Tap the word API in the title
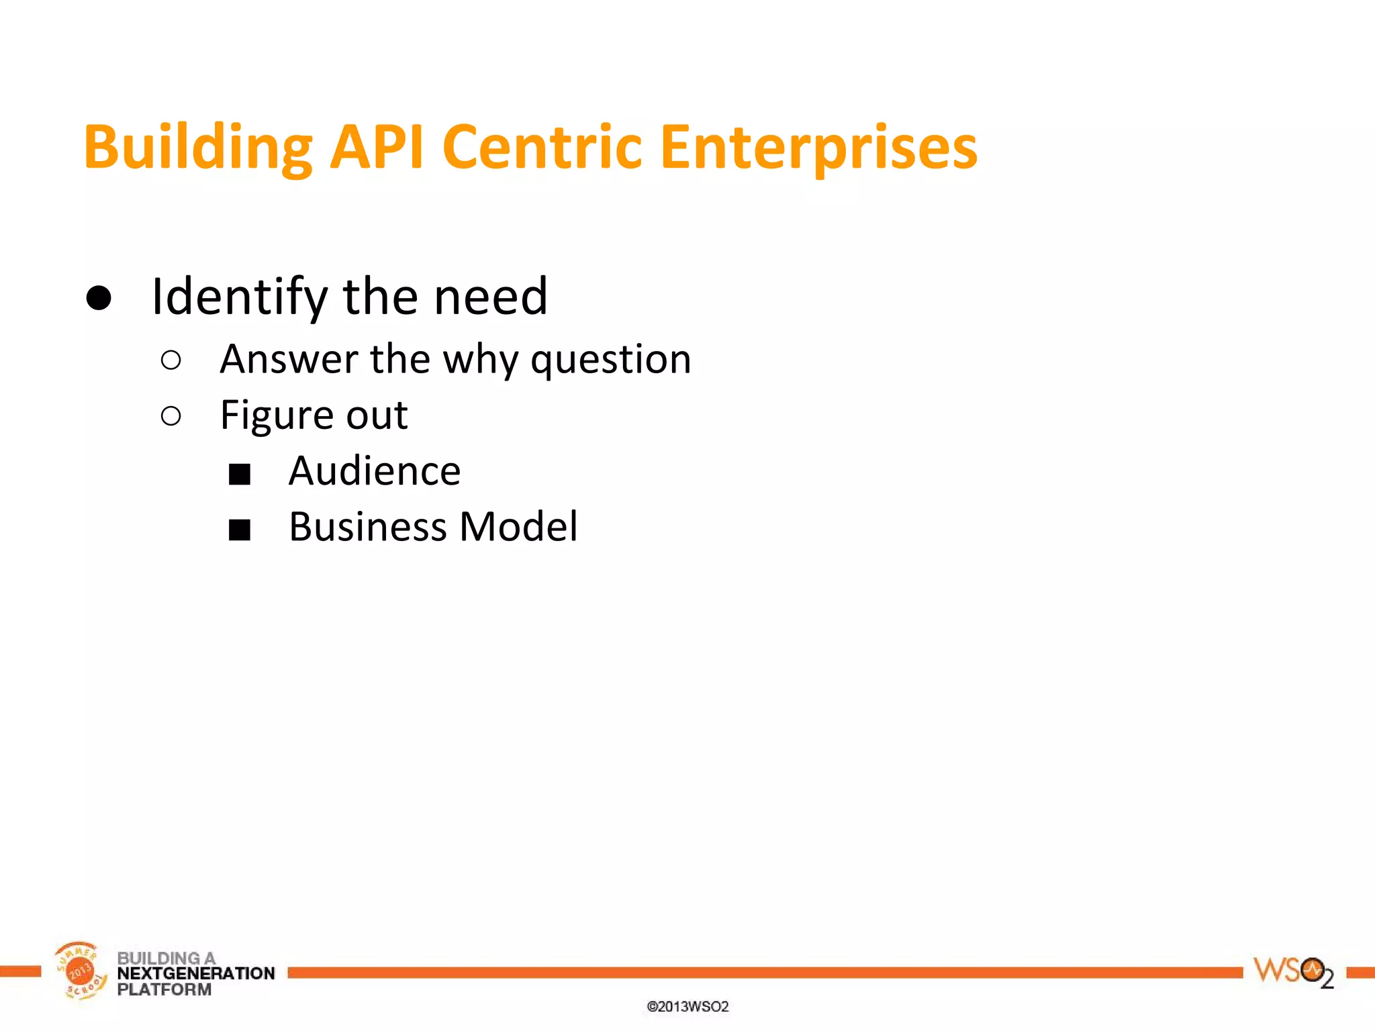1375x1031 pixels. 377,148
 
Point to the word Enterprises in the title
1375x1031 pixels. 818,148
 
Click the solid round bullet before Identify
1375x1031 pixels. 99,297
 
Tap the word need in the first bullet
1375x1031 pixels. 491,297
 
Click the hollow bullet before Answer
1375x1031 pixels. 171,360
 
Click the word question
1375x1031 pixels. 611,360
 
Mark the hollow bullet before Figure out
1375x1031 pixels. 171,416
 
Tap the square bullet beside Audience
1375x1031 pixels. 240,474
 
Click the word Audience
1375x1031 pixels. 375,471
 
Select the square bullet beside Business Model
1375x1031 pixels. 240,530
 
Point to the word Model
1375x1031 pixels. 518,527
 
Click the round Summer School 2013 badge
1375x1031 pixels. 80,971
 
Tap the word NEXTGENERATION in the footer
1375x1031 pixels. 196,973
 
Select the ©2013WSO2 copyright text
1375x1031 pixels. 687,1007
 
